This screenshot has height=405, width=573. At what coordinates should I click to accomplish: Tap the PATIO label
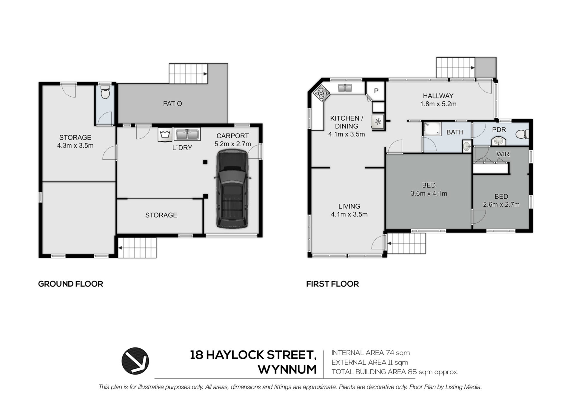coord(172,103)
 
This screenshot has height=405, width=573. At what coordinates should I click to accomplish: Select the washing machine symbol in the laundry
coord(164,135)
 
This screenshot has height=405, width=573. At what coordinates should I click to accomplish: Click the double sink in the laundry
coord(187,135)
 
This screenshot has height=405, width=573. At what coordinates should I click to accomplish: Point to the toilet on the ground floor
coord(105,93)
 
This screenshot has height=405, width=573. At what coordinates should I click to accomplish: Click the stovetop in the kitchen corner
coord(321,92)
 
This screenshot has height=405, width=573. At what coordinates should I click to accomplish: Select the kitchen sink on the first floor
coord(345,88)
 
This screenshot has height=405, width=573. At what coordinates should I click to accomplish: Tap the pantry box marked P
coord(376,91)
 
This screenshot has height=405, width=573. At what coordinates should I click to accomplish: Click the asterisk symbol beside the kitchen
coord(378,121)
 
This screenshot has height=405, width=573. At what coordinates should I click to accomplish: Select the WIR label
coord(503,154)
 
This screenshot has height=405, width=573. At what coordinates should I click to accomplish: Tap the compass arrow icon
coord(135,361)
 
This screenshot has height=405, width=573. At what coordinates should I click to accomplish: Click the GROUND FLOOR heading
coord(71,284)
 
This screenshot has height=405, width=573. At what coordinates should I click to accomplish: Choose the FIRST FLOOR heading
coord(332,284)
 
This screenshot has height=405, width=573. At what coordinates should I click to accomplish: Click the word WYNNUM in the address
coord(287,370)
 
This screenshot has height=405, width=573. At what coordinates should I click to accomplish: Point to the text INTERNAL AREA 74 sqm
coord(371,353)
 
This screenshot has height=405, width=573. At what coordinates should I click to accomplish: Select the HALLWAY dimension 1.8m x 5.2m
coord(438,104)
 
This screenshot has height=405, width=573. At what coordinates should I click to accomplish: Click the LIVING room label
coord(349,206)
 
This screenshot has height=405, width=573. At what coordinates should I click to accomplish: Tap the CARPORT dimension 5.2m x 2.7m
coord(232,144)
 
